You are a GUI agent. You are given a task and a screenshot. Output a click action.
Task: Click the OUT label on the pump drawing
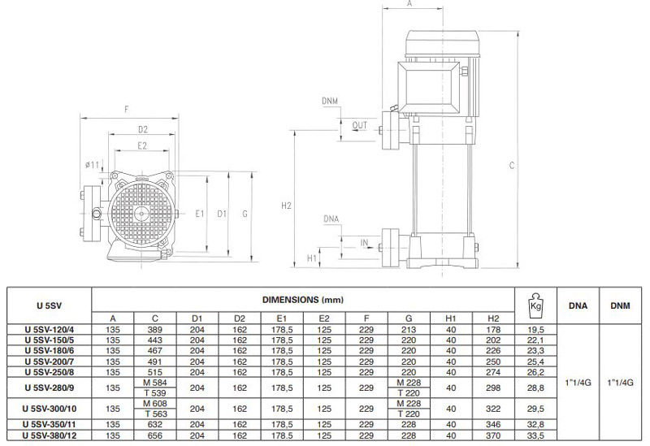click(x=359, y=125)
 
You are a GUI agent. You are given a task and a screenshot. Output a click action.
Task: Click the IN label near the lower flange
click(x=364, y=242)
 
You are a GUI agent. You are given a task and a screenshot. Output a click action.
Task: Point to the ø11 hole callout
click(x=92, y=165)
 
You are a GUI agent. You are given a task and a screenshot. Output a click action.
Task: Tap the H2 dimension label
click(x=286, y=206)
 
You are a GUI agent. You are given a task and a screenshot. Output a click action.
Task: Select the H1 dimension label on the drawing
click(x=312, y=258)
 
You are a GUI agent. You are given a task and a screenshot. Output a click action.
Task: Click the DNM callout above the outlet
click(x=330, y=101)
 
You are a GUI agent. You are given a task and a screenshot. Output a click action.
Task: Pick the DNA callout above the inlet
click(x=331, y=219)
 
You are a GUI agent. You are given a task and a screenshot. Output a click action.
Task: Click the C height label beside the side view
click(x=512, y=166)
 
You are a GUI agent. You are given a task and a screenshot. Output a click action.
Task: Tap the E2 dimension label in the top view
click(x=141, y=146)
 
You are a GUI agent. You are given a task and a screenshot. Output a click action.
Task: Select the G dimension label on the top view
click(x=245, y=214)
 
